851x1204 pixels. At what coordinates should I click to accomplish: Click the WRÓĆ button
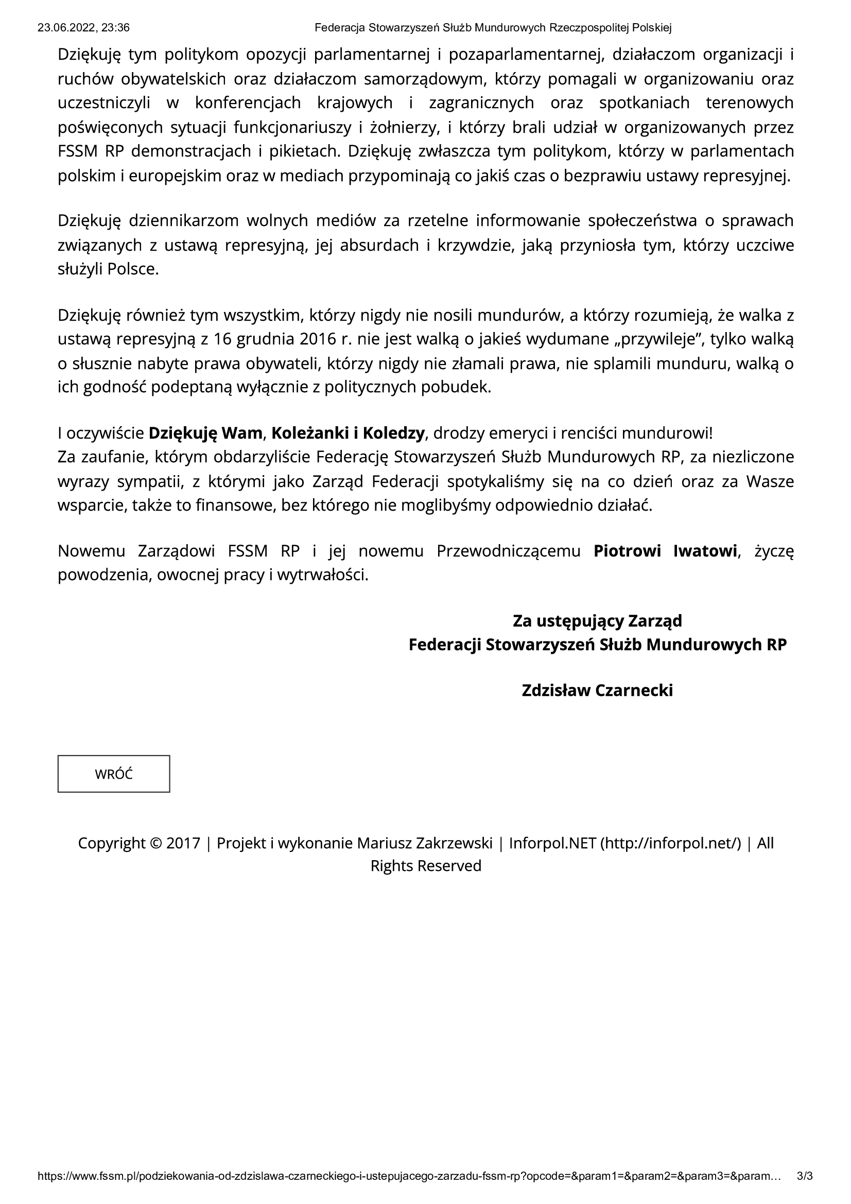point(113,774)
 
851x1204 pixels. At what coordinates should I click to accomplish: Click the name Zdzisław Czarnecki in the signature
point(597,690)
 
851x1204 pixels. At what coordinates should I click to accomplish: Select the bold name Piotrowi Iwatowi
point(665,551)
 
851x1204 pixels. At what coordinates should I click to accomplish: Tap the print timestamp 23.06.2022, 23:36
point(83,28)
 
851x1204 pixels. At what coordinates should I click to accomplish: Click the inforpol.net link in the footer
point(671,843)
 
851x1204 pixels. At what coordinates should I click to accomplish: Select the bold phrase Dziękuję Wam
point(205,433)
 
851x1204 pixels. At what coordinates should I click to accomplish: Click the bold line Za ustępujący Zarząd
point(597,621)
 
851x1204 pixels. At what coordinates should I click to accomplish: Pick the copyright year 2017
point(183,843)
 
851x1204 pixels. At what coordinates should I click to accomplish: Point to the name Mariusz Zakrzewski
point(425,843)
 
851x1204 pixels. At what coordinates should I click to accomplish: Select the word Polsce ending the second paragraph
point(132,270)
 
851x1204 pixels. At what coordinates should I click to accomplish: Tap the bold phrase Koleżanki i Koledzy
point(348,433)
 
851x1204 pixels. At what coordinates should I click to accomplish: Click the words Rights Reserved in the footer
point(426,866)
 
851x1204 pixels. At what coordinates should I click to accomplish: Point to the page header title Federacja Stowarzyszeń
point(493,28)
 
